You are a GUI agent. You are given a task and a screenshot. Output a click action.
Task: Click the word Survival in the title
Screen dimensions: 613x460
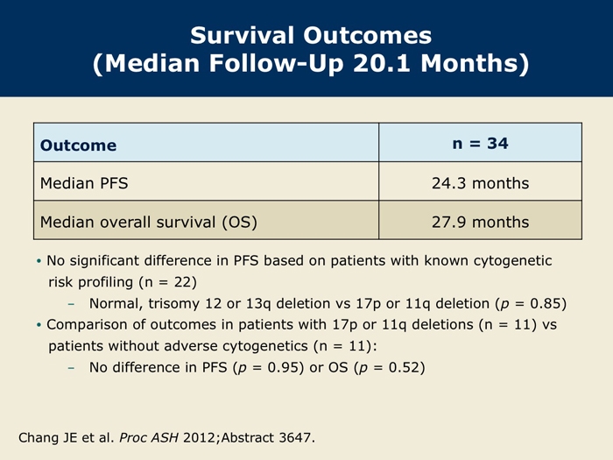pyautogui.click(x=242, y=35)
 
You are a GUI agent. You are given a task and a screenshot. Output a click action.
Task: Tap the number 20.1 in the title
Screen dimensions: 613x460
pyautogui.click(x=382, y=63)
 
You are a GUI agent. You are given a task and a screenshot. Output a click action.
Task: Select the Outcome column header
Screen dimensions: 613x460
pyautogui.click(x=78, y=145)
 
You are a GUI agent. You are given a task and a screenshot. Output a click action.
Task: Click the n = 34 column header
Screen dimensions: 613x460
pyautogui.click(x=480, y=144)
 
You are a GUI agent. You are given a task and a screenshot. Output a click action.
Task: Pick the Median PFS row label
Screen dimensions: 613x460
pyautogui.click(x=84, y=183)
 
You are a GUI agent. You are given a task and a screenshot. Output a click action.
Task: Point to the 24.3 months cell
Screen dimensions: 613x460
pyautogui.click(x=480, y=183)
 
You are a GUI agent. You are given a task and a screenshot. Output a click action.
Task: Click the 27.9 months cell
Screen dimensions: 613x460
pyautogui.click(x=480, y=222)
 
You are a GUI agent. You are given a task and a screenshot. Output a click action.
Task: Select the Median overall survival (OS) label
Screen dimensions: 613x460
pyautogui.click(x=149, y=223)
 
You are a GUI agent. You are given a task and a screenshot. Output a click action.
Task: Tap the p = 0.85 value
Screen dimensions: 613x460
pyautogui.click(x=531, y=304)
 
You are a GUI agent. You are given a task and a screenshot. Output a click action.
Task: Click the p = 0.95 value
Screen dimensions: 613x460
pyautogui.click(x=268, y=368)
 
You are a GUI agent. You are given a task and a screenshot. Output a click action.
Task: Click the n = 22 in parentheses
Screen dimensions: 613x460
pyautogui.click(x=168, y=282)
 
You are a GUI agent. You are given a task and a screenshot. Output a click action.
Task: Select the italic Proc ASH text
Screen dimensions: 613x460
pyautogui.click(x=149, y=437)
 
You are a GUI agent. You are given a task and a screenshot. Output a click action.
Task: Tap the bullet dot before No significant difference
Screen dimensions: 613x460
pyautogui.click(x=39, y=261)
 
